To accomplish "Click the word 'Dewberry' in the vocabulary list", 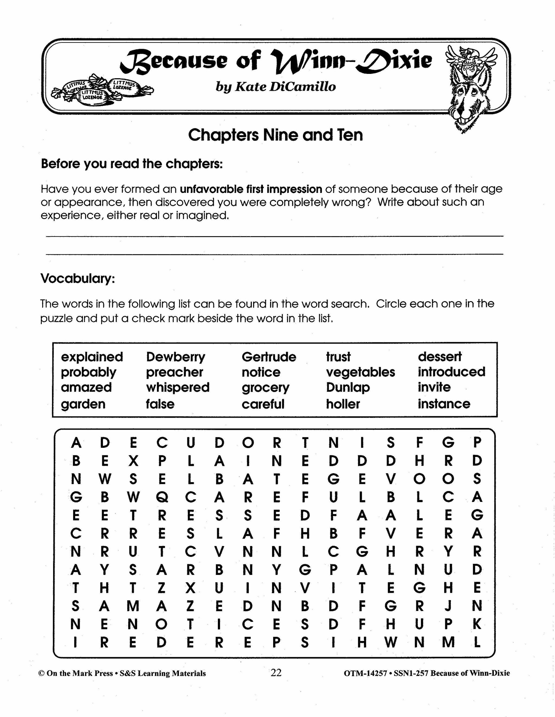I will pyautogui.click(x=175, y=357).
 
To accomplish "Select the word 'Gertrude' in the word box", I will pyautogui.click(x=269, y=357).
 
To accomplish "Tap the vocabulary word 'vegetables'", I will pyautogui.click(x=360, y=372).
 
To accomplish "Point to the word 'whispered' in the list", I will pyautogui.click(x=178, y=387).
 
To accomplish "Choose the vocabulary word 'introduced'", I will pyautogui.click(x=451, y=372).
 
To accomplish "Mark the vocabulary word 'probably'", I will pyautogui.click(x=88, y=372).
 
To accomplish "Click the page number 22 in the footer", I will pyautogui.click(x=276, y=673).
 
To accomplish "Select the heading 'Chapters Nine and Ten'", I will pyautogui.click(x=275, y=135).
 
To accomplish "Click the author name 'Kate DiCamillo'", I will pyautogui.click(x=285, y=87).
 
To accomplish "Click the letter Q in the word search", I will pyautogui.click(x=162, y=497).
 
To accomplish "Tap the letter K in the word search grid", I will pyautogui.click(x=477, y=624).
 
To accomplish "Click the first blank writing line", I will pyautogui.click(x=275, y=236).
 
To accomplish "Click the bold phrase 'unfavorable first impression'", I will pyautogui.click(x=251, y=189).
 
